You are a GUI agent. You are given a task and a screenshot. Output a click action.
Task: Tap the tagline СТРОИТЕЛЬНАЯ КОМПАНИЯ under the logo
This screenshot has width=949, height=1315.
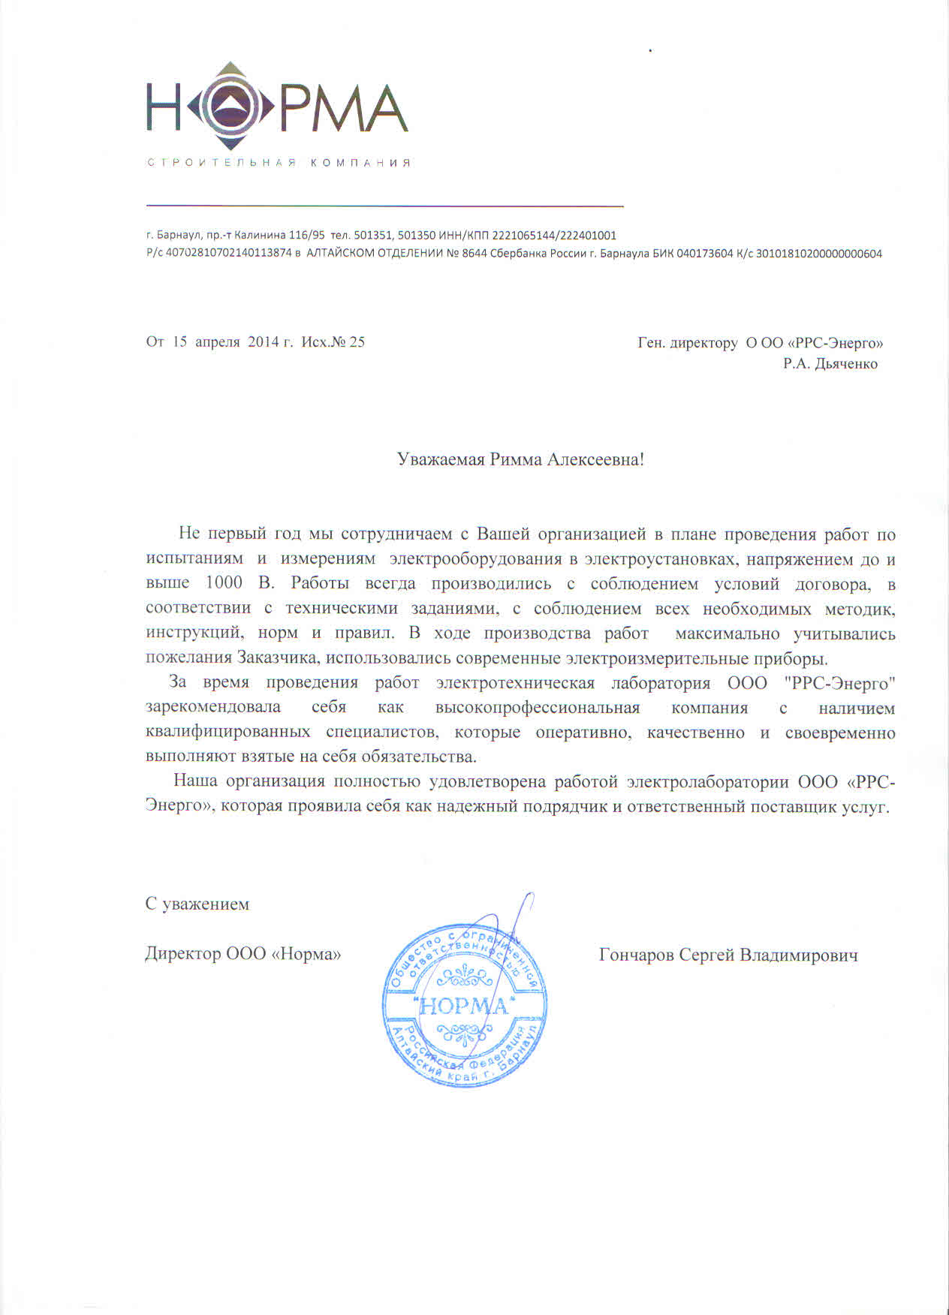coord(279,163)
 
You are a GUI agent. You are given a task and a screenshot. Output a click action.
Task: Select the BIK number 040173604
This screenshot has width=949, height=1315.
coord(704,254)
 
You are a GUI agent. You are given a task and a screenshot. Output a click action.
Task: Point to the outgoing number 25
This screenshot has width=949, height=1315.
coord(357,342)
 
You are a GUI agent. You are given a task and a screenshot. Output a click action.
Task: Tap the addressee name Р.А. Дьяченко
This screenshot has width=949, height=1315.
coord(830,364)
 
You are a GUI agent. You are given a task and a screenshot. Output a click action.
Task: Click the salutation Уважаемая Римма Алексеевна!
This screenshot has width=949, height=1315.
coord(520,459)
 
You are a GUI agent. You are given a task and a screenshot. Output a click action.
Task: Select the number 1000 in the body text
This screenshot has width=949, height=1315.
coord(224,583)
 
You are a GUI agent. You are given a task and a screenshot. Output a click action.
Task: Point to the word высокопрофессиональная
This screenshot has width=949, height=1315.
coord(537,708)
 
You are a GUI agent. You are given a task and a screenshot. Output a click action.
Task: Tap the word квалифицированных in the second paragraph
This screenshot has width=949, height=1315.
coord(228,732)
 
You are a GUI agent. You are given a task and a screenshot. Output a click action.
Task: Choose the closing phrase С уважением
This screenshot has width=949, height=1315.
coord(197,904)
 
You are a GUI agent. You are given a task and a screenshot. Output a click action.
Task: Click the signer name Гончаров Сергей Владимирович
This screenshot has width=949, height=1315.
coord(728,955)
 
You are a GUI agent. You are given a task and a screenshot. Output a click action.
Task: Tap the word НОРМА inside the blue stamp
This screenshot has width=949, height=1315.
coord(464,1006)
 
